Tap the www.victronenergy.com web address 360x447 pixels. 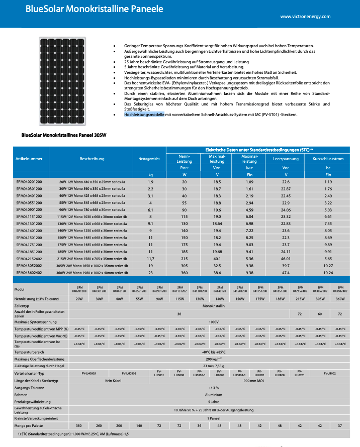[x=305, y=16]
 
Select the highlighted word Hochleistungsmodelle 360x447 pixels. [x=144, y=115]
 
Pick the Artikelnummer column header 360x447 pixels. [x=29, y=159]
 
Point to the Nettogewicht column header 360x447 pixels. [x=149, y=159]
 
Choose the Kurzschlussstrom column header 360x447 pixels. [x=328, y=159]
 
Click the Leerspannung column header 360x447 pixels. [x=286, y=159]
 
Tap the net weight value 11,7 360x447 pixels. [x=150, y=258]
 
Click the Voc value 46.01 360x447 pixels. [x=286, y=258]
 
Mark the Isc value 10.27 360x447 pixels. [x=328, y=265]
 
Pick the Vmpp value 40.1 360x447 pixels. [x=217, y=258]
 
